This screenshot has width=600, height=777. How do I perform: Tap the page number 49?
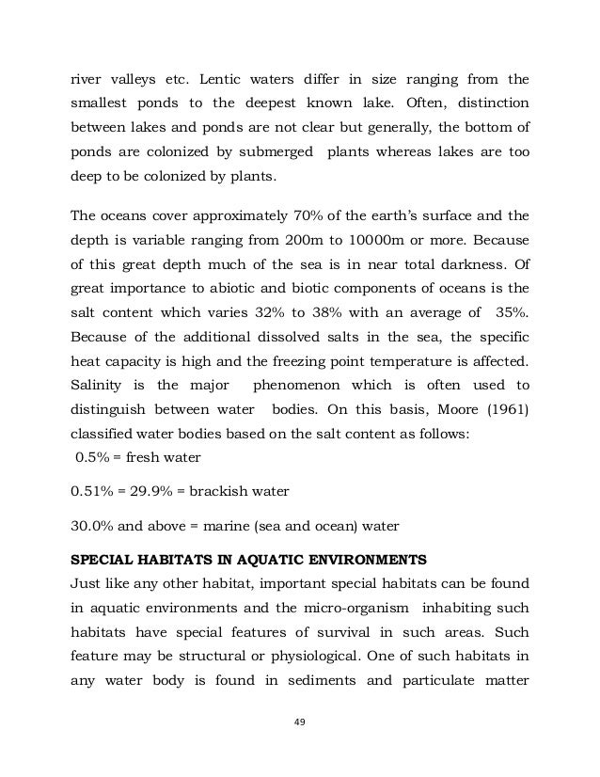pyautogui.click(x=301, y=724)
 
